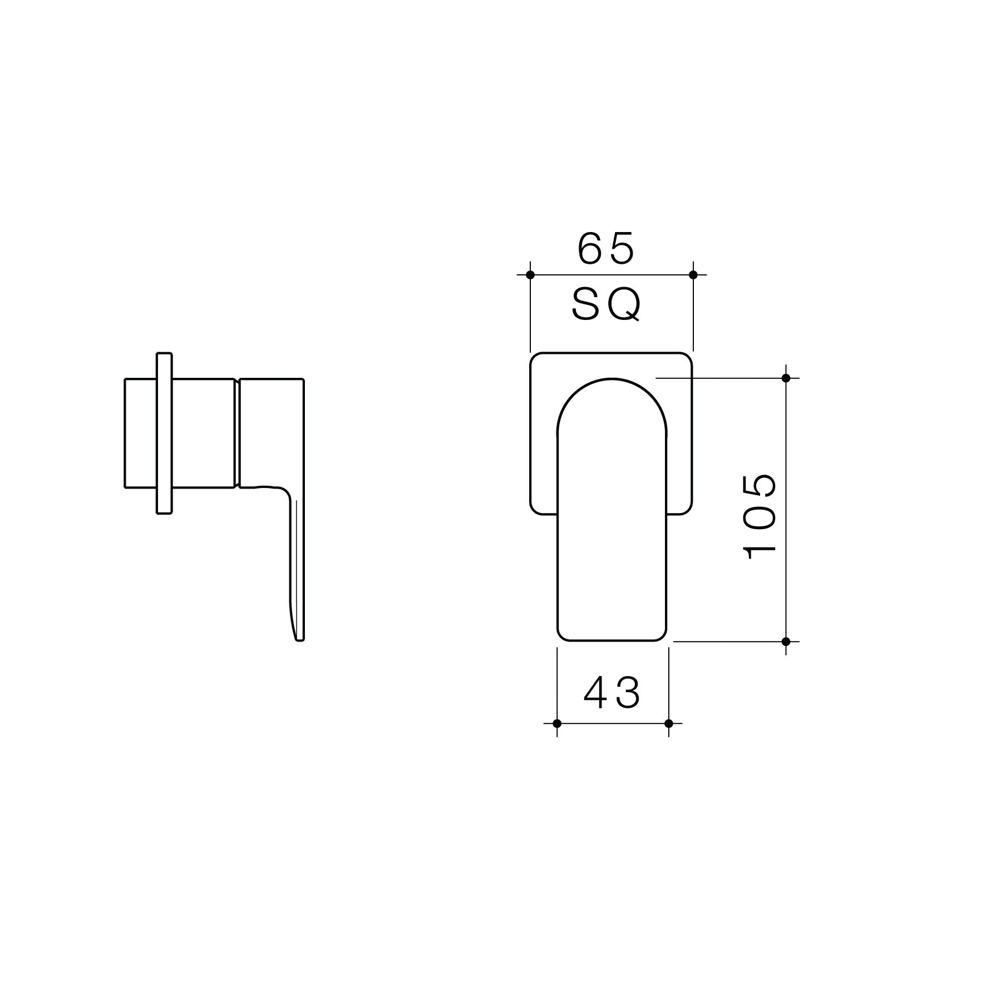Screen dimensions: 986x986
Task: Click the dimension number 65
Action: pos(606,249)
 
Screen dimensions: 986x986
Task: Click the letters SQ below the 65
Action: pos(607,305)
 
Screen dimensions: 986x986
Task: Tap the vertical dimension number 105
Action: pos(760,516)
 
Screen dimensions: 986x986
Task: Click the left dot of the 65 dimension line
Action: pos(530,274)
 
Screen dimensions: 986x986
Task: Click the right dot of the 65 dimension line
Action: pos(693,274)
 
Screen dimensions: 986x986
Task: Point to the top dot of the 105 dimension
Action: pos(786,378)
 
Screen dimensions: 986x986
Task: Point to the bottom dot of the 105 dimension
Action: pos(786,642)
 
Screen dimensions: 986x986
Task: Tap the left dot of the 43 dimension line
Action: pos(557,723)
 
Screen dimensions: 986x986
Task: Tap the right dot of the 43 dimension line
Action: pos(669,723)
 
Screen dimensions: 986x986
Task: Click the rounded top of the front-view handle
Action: pos(612,381)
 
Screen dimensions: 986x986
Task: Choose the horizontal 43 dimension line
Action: pos(612,723)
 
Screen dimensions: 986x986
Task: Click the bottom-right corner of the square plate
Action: pos(688,509)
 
